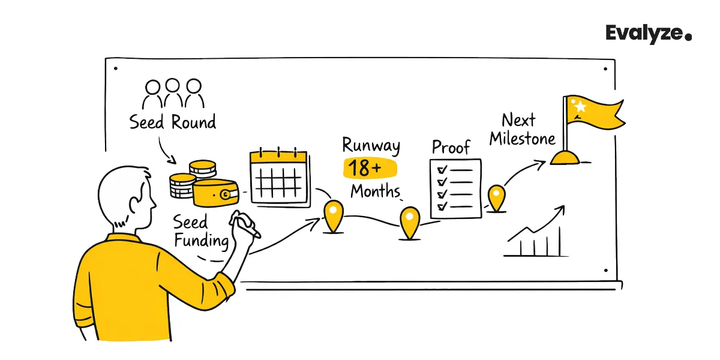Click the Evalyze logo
point(648,34)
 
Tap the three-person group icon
point(173,94)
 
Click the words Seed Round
point(173,122)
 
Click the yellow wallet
point(215,193)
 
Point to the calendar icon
point(278,176)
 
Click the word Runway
point(371,145)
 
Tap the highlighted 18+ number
point(365,169)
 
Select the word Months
point(375,191)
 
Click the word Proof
point(451,147)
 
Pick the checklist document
point(456,188)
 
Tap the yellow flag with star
point(591,117)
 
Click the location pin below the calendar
point(333,215)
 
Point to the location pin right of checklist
point(496,197)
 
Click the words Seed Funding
point(200,232)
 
